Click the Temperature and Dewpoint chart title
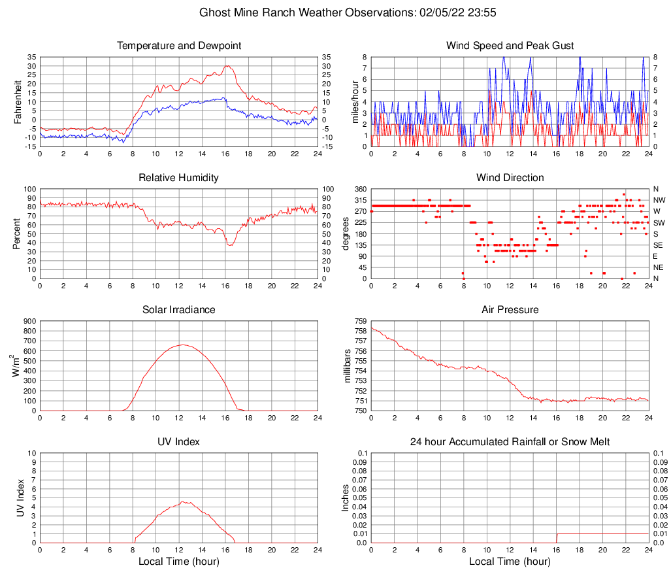(x=179, y=46)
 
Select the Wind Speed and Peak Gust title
(x=510, y=46)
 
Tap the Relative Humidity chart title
(x=179, y=178)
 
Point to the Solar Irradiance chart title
(x=179, y=310)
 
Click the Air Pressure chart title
(x=510, y=310)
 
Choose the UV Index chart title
(x=179, y=442)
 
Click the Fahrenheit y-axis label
(x=18, y=102)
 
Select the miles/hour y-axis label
(x=356, y=102)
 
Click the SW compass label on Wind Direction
(x=659, y=223)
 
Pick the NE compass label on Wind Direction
(x=659, y=267)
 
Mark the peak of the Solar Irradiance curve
(x=182, y=345)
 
